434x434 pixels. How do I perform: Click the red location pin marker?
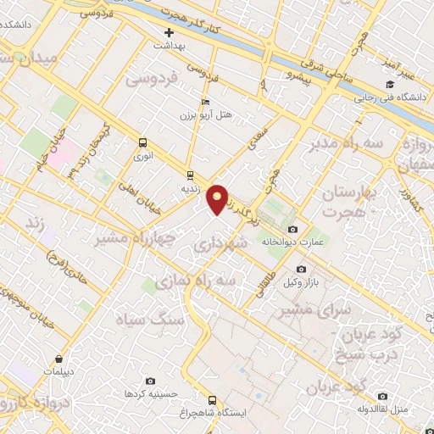pos(218,198)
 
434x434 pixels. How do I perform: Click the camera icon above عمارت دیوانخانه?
pos(292,230)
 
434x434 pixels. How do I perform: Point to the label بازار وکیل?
pos(304,281)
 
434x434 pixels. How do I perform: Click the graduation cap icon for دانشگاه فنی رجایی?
pos(390,84)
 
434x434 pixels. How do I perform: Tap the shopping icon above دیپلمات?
pos(58,359)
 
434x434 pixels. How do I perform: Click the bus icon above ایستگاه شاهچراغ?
pos(212,399)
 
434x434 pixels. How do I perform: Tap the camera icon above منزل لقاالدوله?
pos(383,397)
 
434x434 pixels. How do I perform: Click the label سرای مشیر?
pos(320,311)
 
